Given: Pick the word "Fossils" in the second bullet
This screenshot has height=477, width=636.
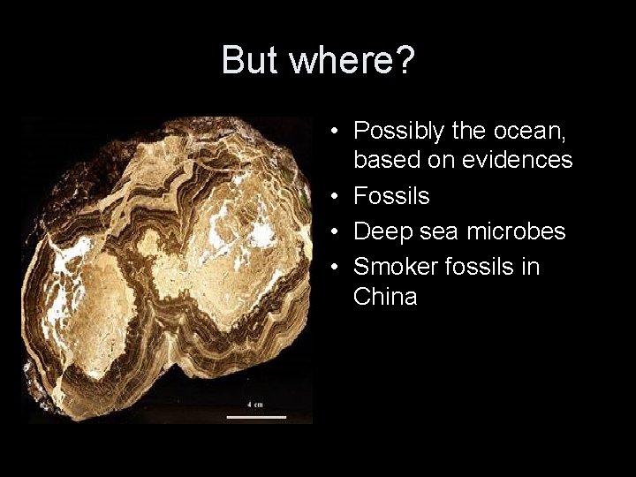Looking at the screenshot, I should (x=391, y=195).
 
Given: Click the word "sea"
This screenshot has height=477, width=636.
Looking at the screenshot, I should (x=431, y=231).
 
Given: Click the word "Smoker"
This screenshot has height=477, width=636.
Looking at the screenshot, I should (x=394, y=267).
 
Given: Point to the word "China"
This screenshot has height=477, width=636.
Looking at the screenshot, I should (x=385, y=296).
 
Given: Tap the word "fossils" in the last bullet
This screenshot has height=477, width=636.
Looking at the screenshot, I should (x=478, y=267).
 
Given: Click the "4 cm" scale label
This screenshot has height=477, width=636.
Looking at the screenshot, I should (x=254, y=404).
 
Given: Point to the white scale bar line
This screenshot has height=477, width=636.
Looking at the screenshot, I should (x=256, y=415).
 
